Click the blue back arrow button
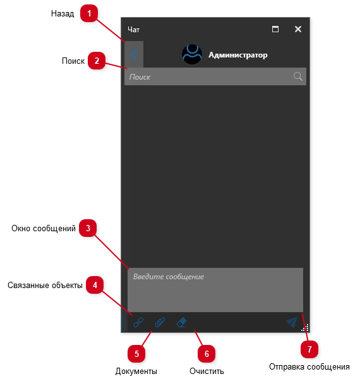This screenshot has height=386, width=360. click(x=134, y=54)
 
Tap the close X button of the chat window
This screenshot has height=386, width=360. click(x=298, y=29)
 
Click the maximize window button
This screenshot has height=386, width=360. click(x=275, y=29)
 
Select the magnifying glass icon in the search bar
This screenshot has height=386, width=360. click(x=297, y=76)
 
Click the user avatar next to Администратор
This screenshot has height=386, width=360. click(x=192, y=54)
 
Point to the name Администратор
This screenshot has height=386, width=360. click(x=238, y=55)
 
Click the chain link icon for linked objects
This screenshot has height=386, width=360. click(x=138, y=322)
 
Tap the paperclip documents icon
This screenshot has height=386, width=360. click(x=160, y=322)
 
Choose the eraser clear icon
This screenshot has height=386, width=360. click(x=182, y=322)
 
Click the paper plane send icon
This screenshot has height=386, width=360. click(x=292, y=322)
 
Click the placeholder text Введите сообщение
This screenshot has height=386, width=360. click(x=169, y=277)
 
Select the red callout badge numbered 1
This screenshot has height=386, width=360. click(x=89, y=13)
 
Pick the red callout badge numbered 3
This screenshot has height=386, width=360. click(x=88, y=228)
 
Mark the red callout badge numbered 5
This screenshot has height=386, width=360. click(x=136, y=354)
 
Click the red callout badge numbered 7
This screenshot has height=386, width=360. click(x=309, y=349)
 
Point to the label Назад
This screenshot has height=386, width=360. click(x=63, y=13)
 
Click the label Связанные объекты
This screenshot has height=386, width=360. click(x=45, y=285)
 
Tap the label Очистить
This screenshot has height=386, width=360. click(x=207, y=371)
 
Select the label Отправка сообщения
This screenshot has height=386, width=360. click(x=309, y=366)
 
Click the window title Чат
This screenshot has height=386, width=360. click(x=134, y=30)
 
